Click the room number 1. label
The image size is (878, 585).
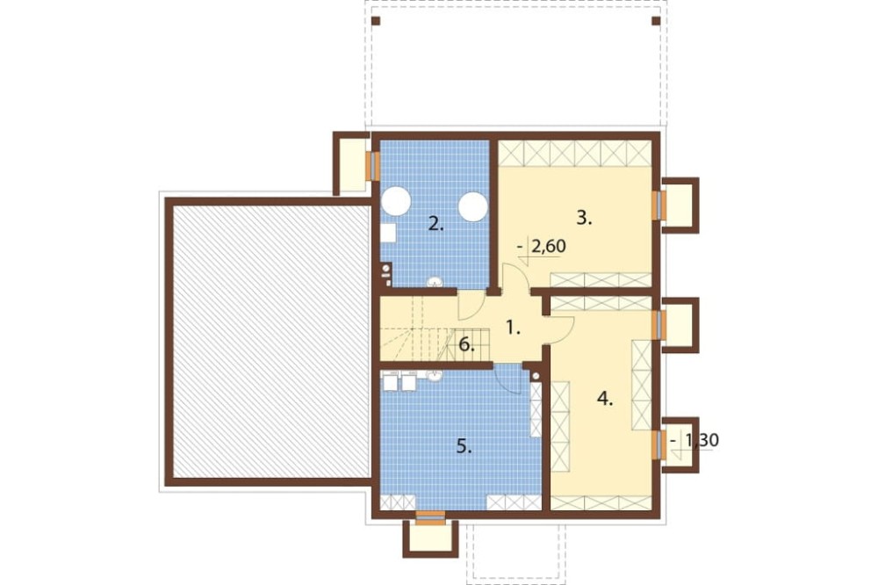(513, 328)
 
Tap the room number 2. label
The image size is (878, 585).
(435, 225)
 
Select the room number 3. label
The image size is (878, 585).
(584, 218)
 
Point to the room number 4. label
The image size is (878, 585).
(605, 399)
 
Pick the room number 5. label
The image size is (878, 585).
(464, 446)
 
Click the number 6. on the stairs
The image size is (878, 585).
(466, 345)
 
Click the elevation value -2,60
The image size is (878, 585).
(542, 247)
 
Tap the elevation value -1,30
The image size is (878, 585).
(694, 440)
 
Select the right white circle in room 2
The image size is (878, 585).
(473, 206)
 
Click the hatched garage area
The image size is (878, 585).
(271, 342)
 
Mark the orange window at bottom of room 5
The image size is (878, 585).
(431, 517)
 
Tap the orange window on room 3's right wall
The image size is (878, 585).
(658, 205)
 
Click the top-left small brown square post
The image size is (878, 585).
(376, 21)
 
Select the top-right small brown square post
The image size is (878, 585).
(656, 21)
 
